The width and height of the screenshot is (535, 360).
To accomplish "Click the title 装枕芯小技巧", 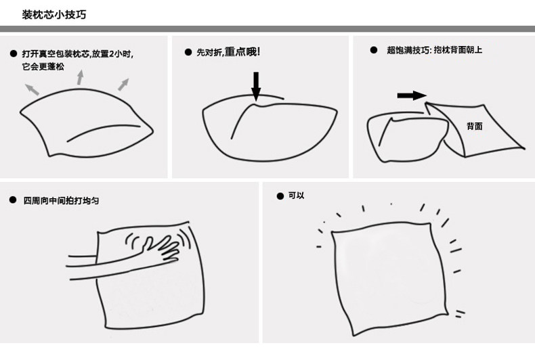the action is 54,15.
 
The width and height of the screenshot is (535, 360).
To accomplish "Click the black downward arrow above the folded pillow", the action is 256,86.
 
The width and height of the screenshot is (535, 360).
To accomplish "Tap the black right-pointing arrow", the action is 412,95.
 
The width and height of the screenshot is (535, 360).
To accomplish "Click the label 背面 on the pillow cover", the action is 475,127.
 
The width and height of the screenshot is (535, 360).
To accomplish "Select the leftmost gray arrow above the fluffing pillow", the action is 32,89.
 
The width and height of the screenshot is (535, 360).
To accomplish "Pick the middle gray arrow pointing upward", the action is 80,77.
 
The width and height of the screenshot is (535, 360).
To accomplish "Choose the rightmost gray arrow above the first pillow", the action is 123,85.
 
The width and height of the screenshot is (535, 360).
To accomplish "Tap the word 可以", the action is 296,196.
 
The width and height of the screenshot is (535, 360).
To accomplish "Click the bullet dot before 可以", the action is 280,196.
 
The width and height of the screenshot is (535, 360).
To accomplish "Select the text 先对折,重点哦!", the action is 228,52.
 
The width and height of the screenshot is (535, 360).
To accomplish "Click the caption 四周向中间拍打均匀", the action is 61,200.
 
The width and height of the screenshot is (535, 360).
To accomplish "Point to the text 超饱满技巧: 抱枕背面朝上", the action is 434,50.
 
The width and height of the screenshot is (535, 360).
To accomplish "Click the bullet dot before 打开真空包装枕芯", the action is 14,53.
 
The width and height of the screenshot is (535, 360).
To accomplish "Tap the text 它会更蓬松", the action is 43,66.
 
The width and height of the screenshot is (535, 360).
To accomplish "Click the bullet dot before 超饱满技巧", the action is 374,50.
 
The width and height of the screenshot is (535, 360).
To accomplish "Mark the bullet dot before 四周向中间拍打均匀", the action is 13,200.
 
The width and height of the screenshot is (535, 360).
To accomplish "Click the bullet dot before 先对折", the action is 188,52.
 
